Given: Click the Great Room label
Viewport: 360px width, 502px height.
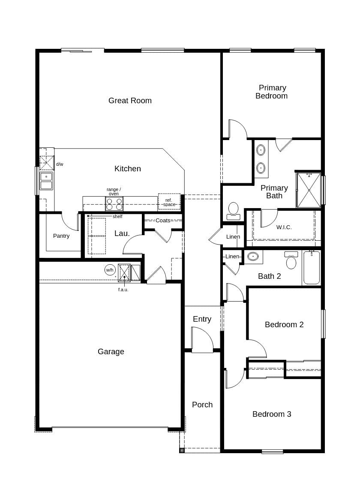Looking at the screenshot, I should (x=130, y=101).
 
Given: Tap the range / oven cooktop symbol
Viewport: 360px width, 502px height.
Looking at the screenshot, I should (x=114, y=204).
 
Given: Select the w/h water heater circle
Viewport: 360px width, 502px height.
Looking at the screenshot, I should (x=110, y=270).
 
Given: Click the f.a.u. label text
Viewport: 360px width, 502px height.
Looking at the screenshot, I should (x=123, y=290).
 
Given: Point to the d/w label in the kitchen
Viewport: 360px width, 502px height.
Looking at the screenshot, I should (x=60, y=164).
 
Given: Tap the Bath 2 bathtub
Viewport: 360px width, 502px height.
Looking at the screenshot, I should (x=312, y=268).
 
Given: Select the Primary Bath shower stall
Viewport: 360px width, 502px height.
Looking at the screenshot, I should (x=309, y=190).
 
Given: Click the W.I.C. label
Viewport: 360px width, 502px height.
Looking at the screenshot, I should (x=284, y=227).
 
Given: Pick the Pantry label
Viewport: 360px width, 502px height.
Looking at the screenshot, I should (x=61, y=236).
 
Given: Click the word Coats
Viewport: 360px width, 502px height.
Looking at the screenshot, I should (x=163, y=221).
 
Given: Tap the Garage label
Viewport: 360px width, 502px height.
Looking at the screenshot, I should (x=111, y=352).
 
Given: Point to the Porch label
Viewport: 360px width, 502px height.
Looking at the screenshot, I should (x=202, y=405).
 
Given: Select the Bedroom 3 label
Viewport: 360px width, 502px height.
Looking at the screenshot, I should (x=272, y=414).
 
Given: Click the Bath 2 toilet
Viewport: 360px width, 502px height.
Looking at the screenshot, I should (x=291, y=261).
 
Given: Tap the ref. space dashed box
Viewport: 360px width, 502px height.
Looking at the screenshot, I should (x=169, y=202).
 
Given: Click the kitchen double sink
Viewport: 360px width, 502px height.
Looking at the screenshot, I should (x=46, y=181).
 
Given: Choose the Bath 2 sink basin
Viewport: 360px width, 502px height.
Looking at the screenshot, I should (x=253, y=257).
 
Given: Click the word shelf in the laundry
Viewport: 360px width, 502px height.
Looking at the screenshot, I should (x=117, y=217).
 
